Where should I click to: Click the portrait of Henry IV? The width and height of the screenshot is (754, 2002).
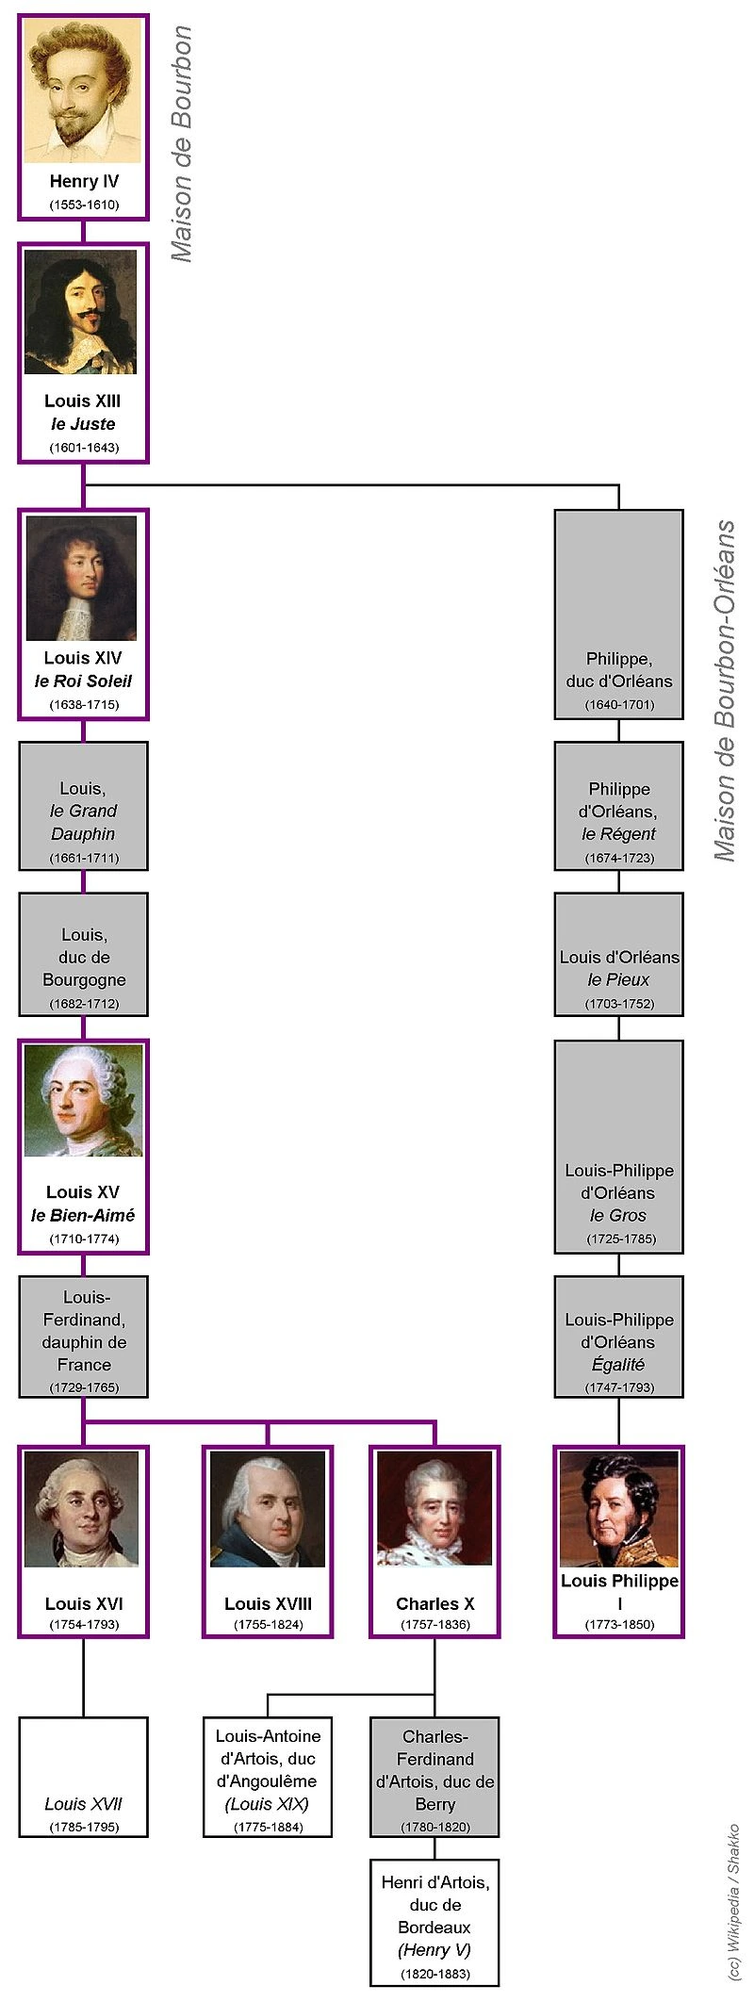tap(83, 91)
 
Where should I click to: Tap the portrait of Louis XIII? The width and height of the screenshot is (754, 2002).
tap(82, 313)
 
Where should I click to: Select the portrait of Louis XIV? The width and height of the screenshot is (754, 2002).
tap(82, 578)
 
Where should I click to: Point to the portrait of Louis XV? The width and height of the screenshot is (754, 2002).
tap(83, 1101)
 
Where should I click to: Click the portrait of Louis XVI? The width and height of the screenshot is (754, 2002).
tap(82, 1508)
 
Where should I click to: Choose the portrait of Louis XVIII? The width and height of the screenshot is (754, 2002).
tap(268, 1508)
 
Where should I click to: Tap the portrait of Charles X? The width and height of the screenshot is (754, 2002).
tap(434, 1508)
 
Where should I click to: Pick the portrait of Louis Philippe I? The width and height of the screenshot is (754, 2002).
tap(619, 1508)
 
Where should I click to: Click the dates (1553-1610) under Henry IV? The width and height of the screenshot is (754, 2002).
tap(84, 205)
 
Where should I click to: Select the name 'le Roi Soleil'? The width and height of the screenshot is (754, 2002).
tap(83, 681)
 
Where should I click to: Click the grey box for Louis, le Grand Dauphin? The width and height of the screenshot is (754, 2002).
tap(83, 806)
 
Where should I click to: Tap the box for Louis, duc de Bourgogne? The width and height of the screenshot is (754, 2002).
tap(83, 954)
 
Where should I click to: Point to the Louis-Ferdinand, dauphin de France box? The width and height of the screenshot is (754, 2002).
tap(83, 1337)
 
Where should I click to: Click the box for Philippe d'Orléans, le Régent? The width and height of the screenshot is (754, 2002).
tap(619, 806)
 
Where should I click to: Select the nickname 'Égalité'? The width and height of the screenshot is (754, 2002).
tap(619, 1364)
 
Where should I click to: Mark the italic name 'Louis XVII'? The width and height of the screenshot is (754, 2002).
tap(83, 1804)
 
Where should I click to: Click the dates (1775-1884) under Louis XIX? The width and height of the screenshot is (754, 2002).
tap(268, 1827)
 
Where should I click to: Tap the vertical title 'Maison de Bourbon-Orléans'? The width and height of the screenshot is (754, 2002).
tap(725, 690)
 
